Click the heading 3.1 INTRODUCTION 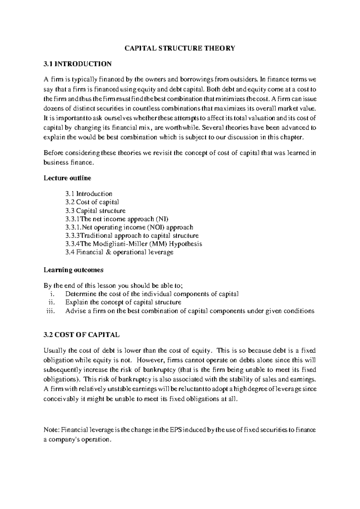77,64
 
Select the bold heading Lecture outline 67,178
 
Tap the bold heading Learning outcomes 73,270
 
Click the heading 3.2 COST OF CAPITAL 81,335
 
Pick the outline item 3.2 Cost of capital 92,202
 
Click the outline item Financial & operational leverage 119,252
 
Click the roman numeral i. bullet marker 53,294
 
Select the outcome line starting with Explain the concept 123,303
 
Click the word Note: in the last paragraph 52,430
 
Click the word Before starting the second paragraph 53,153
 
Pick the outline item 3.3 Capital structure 95,210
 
